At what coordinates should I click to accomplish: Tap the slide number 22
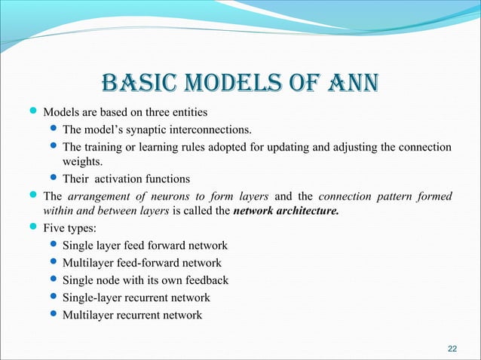coord(452,348)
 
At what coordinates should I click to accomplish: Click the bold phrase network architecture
coord(286,212)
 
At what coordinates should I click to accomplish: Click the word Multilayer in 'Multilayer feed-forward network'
coord(89,263)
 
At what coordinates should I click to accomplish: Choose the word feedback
coord(205,280)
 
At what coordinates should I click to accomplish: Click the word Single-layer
coord(94,297)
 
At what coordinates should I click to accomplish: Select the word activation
coord(121,179)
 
